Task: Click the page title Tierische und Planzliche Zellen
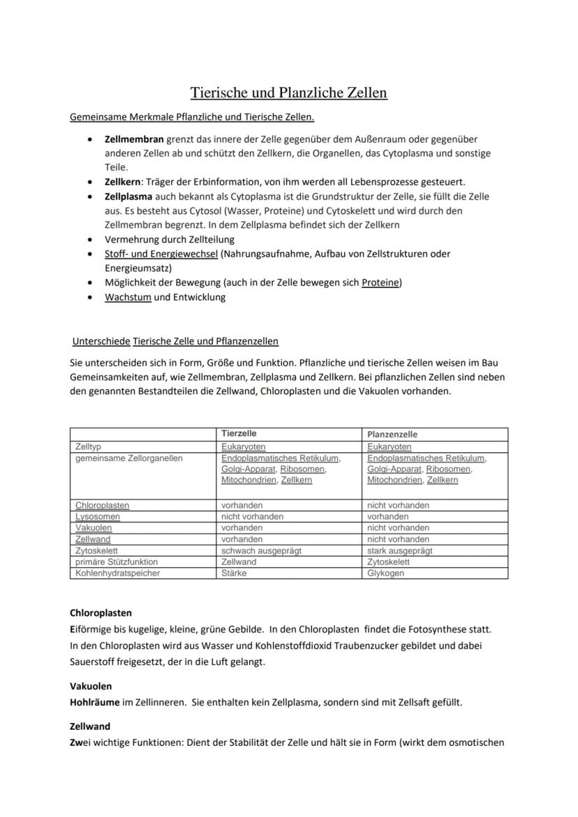289,93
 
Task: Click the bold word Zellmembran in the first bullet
134,140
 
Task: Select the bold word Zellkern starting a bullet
123,181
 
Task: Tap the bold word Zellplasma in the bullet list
128,197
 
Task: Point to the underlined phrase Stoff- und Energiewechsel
161,254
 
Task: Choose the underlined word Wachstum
128,297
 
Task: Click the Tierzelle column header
239,434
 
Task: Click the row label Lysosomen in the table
98,516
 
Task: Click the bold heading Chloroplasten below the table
101,613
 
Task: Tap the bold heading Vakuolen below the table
91,686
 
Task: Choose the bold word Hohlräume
95,702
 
